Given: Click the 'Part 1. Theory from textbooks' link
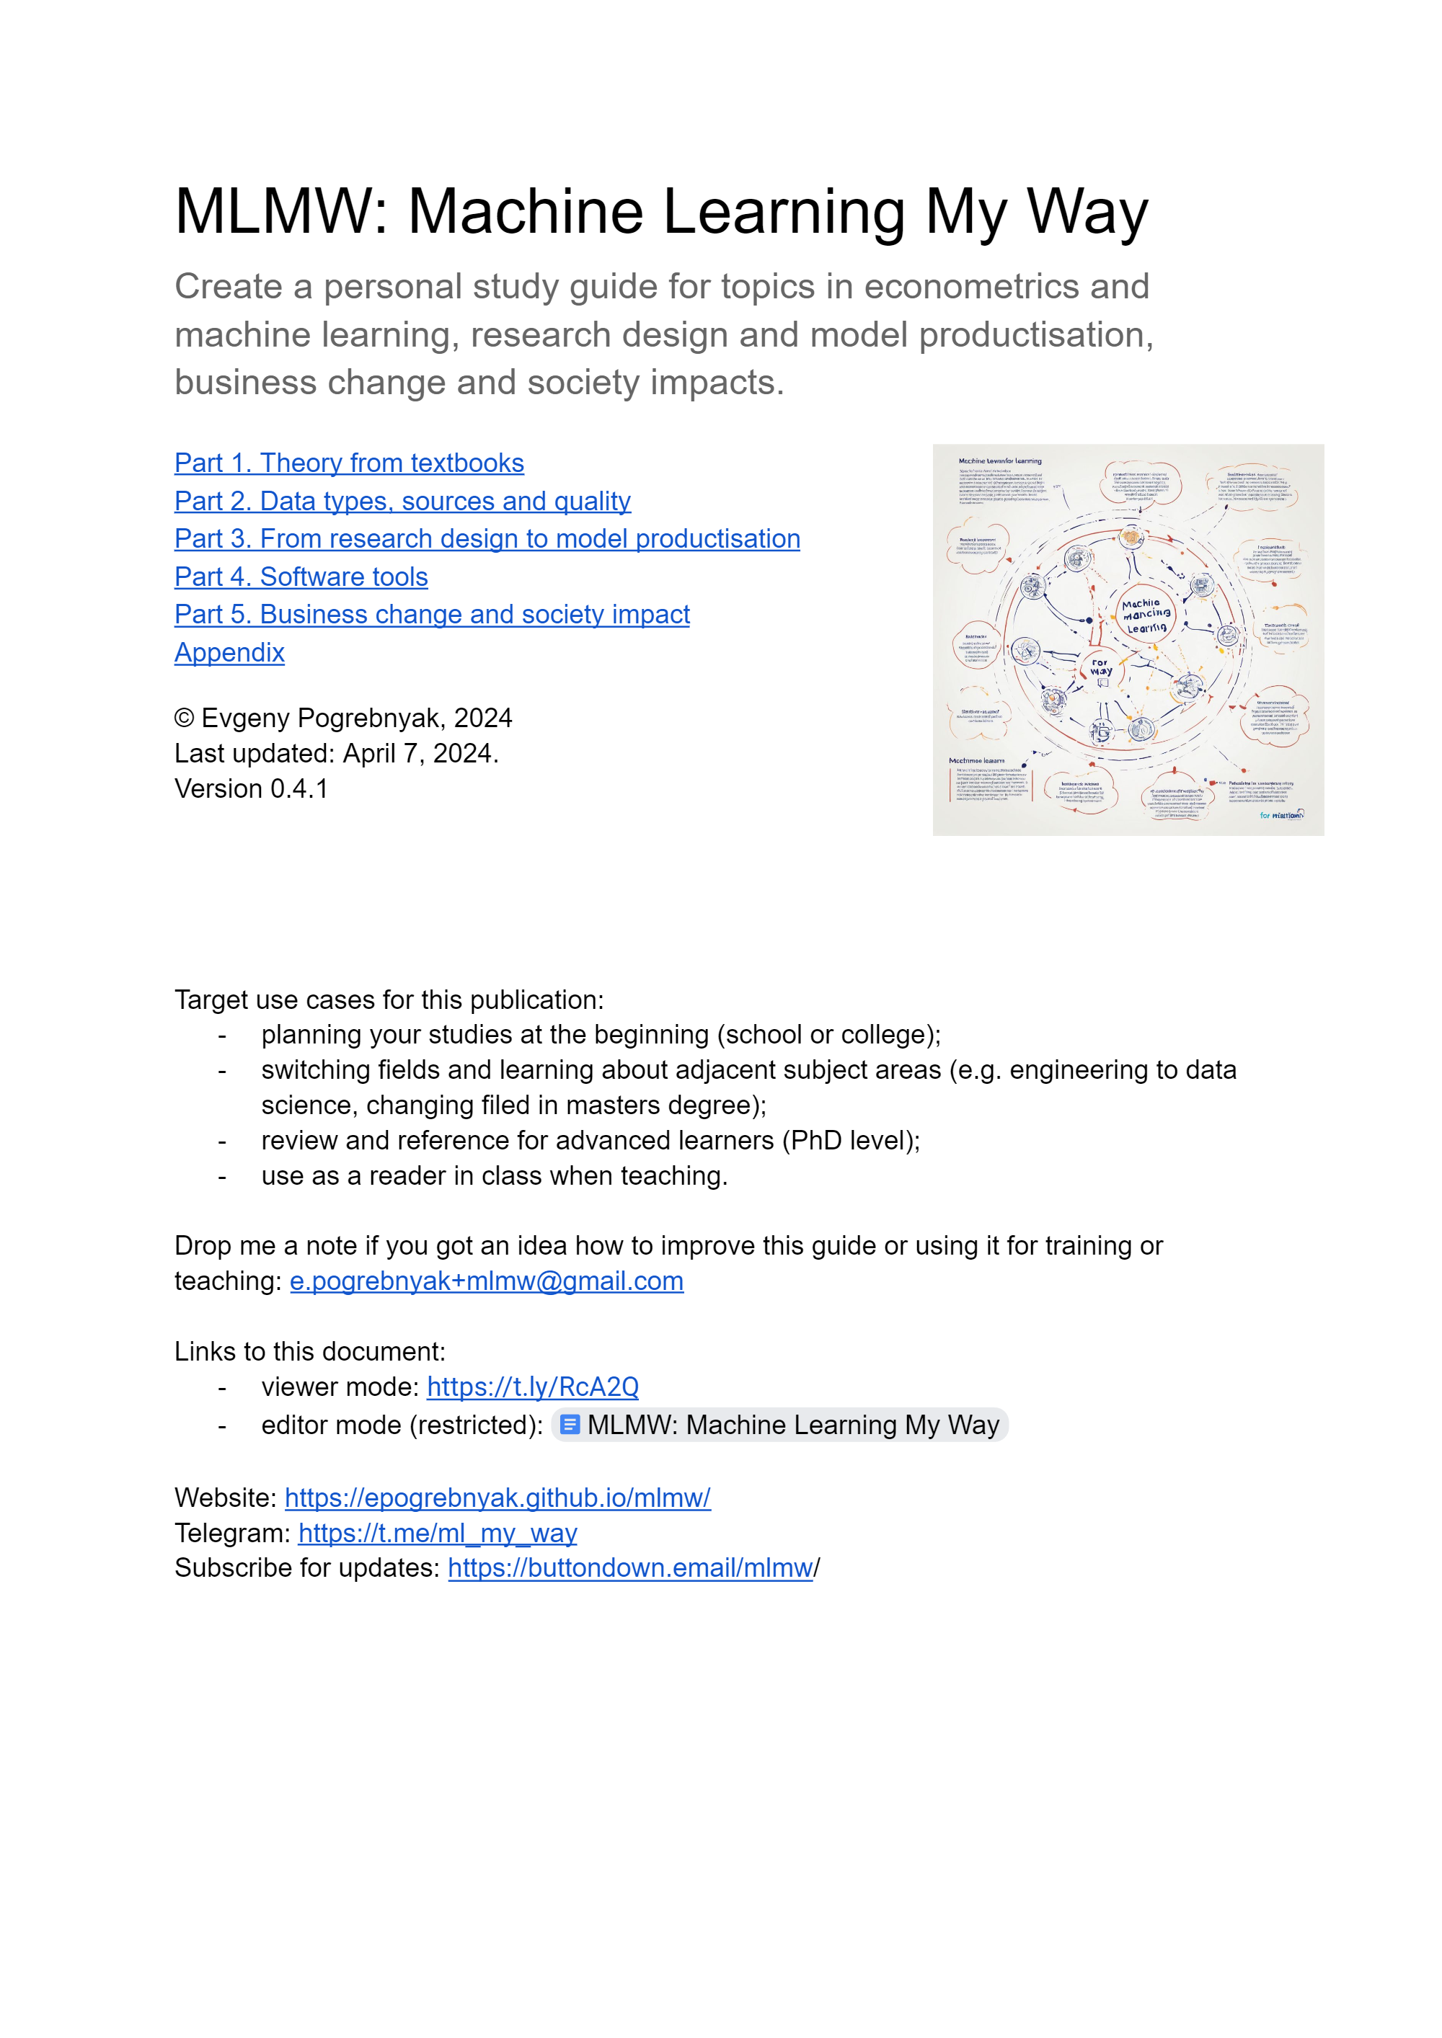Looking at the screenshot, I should [x=349, y=463].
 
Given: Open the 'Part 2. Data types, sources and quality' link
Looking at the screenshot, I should [x=402, y=502].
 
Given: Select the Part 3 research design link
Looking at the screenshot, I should [x=487, y=539].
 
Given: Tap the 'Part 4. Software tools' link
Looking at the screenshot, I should [x=301, y=577].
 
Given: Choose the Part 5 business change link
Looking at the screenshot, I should [x=432, y=614].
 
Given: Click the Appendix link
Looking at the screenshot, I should [x=229, y=652].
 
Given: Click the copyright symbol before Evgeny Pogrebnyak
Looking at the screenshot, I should [x=185, y=718].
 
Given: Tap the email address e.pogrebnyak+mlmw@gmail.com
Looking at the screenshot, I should [x=487, y=1282].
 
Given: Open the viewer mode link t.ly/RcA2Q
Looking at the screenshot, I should [x=533, y=1387].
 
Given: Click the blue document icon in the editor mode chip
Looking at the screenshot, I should [x=571, y=1425].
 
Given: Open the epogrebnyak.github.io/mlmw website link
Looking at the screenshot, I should [x=497, y=1498].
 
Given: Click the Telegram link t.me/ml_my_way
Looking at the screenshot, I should [x=438, y=1534].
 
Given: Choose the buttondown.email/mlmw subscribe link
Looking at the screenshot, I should [x=630, y=1568].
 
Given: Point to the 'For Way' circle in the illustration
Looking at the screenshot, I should [x=1101, y=668].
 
